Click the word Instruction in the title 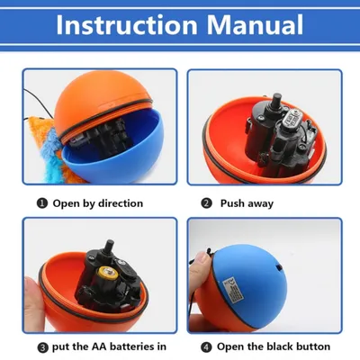click(127, 24)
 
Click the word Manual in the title click(256, 24)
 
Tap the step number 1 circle click(42, 203)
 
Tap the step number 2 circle click(206, 203)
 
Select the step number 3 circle click(42, 347)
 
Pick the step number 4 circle click(206, 347)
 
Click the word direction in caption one click(121, 203)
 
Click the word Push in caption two click(232, 203)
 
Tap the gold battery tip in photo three click(108, 274)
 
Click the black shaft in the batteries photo click(109, 247)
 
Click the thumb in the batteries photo click(32, 302)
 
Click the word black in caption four click(277, 346)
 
